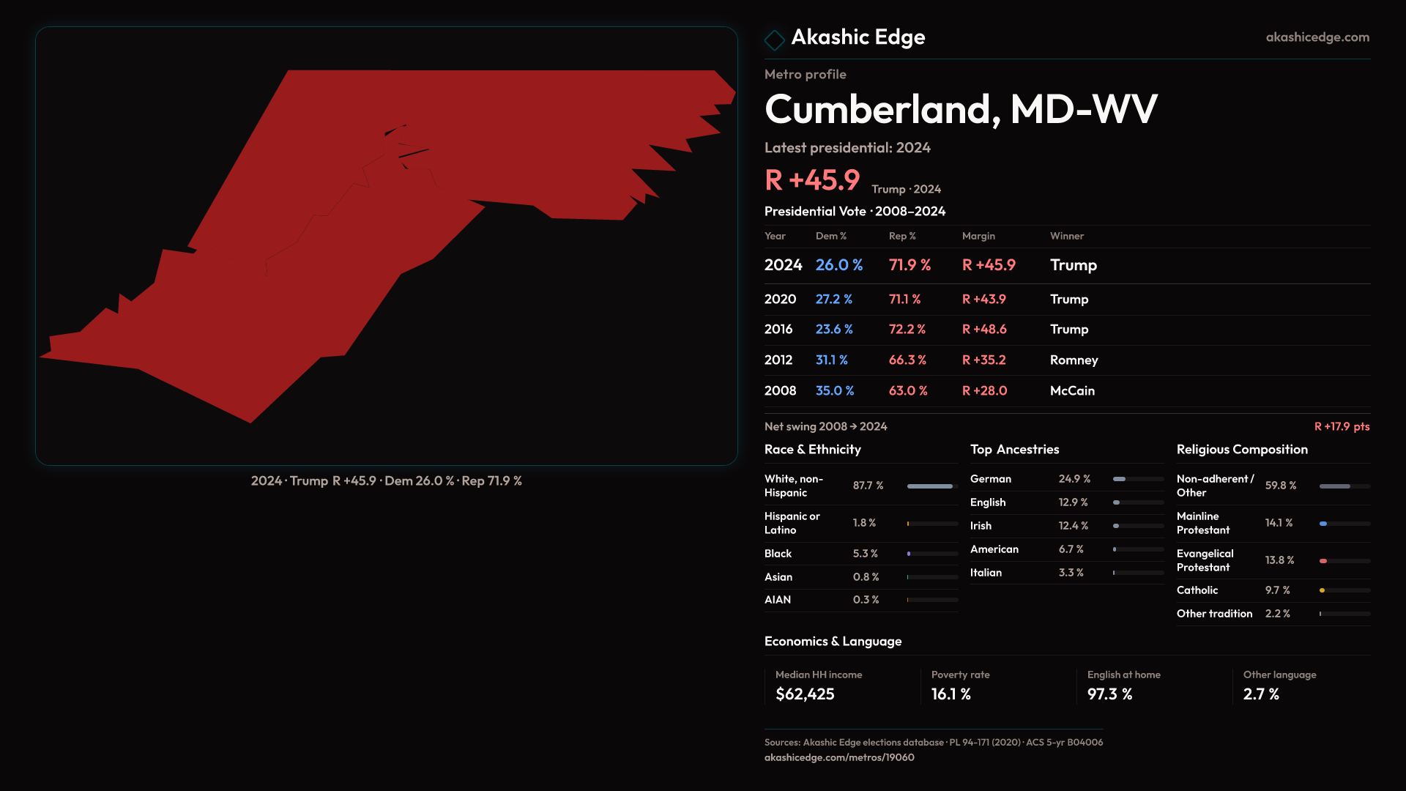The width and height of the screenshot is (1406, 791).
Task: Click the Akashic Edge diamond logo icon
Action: (774, 39)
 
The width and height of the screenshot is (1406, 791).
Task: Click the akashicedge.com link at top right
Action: (1317, 37)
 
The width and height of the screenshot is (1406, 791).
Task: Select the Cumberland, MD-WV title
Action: (961, 109)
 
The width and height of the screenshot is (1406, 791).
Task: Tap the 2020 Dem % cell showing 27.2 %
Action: (834, 300)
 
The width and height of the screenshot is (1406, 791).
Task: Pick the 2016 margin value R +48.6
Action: (984, 330)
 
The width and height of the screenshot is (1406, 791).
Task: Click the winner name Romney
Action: (1074, 360)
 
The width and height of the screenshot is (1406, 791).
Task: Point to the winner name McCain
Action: (1072, 391)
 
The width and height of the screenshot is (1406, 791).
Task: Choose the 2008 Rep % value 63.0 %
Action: (908, 391)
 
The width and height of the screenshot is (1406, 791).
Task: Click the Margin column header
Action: (978, 236)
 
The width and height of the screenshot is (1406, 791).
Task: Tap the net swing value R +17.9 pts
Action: (1342, 426)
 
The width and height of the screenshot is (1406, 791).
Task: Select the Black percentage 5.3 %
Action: (865, 554)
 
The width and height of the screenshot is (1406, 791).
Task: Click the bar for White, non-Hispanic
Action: (931, 486)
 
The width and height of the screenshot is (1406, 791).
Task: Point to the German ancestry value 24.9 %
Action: (1074, 479)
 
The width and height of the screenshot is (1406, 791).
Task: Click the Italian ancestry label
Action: (986, 573)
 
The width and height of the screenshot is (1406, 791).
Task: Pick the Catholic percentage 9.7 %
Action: (1277, 590)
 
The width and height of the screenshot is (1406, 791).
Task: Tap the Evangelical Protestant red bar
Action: (1324, 561)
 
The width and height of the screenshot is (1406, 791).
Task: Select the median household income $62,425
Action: (805, 694)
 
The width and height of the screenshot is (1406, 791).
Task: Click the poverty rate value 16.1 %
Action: (951, 694)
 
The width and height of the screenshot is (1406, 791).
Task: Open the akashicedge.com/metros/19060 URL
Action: (839, 757)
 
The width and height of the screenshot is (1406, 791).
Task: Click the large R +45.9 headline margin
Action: (812, 180)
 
